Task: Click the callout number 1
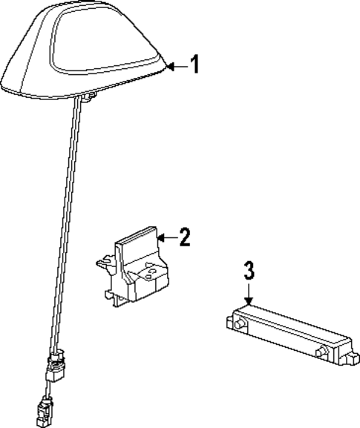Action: click(x=194, y=65)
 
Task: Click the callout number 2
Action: click(x=185, y=237)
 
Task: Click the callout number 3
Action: click(x=249, y=271)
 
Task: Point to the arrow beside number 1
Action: click(x=175, y=67)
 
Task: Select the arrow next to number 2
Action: click(x=166, y=238)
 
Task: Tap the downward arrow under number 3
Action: click(x=249, y=294)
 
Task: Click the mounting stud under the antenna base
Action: click(x=88, y=94)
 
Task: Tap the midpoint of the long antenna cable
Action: click(x=65, y=223)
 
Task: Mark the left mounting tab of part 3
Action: click(x=227, y=320)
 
